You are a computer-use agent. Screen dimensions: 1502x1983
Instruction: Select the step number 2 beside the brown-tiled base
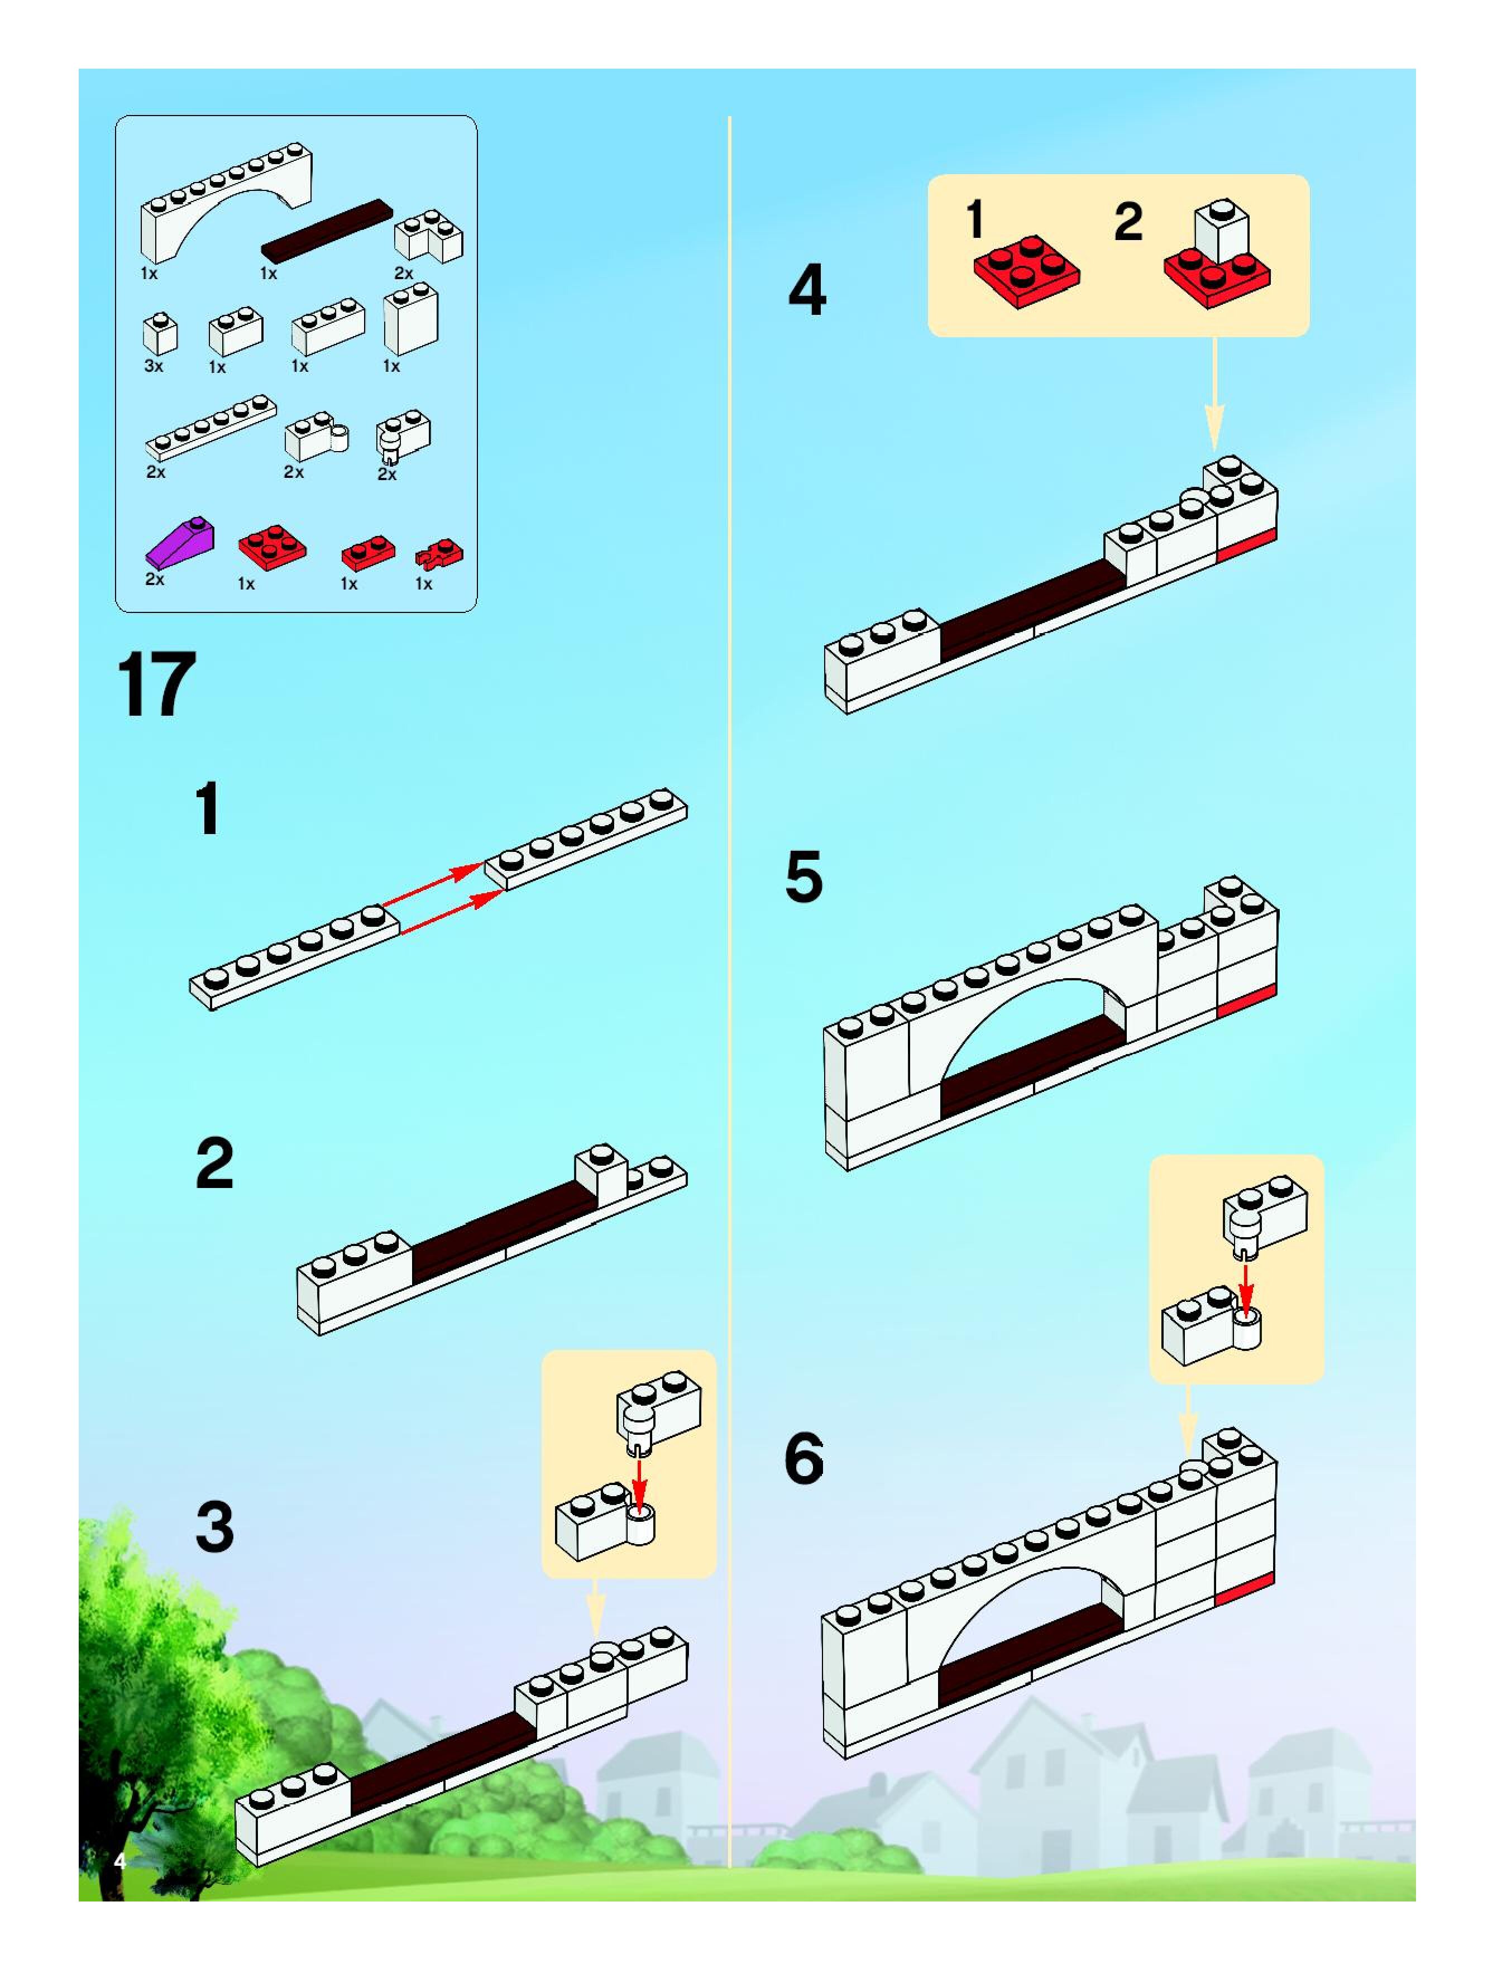coord(214,1163)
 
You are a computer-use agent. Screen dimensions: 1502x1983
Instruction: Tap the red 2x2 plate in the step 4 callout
coord(1027,272)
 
